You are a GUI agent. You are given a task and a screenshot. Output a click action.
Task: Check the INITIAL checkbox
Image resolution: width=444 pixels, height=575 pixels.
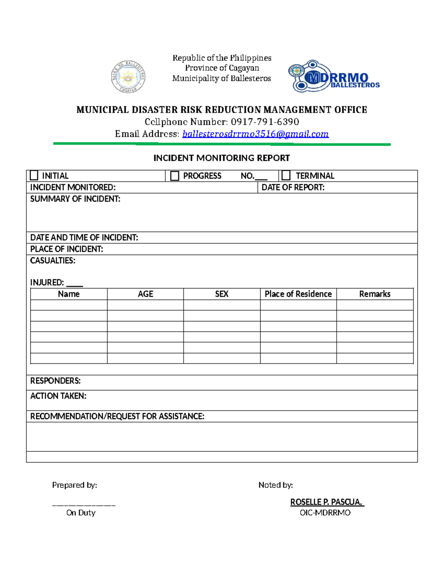tap(34, 175)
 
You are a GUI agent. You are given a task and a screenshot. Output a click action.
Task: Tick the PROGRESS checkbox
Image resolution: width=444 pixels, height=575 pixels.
tap(175, 175)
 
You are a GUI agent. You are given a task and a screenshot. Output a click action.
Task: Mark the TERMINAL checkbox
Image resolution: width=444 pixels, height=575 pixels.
tap(286, 175)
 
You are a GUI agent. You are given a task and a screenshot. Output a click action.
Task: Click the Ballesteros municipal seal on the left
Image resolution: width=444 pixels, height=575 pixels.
tap(128, 77)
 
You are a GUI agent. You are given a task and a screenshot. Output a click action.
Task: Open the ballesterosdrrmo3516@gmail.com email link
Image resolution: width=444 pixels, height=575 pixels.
tap(255, 134)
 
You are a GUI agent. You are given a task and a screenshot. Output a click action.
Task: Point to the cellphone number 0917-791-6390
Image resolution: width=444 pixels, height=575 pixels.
tap(265, 122)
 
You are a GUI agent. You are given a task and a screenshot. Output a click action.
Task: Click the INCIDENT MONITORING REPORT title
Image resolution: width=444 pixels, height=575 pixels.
tap(222, 158)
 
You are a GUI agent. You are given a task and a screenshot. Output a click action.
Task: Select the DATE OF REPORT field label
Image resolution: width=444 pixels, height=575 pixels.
tap(293, 187)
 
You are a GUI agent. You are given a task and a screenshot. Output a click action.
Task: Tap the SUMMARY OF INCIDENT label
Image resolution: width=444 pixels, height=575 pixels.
tap(75, 199)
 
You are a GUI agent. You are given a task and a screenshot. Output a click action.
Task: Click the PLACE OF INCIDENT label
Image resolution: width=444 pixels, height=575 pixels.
tap(67, 249)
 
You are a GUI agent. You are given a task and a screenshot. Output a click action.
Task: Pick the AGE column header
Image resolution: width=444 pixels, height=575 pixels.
tap(145, 294)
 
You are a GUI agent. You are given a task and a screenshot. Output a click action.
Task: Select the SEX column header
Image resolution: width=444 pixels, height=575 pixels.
tap(222, 294)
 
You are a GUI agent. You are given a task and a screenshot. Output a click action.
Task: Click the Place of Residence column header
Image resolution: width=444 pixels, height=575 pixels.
tap(298, 294)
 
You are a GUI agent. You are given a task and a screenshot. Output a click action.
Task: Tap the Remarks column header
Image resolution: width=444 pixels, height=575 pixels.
tap(375, 294)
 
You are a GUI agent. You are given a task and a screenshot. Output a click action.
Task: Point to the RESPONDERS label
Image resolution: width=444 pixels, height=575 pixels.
tap(55, 381)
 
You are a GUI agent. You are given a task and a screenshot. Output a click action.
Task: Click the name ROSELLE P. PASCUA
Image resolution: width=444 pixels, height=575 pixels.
tap(327, 502)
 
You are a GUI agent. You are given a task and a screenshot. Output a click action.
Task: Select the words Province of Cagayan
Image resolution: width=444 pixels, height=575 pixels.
tap(222, 68)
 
